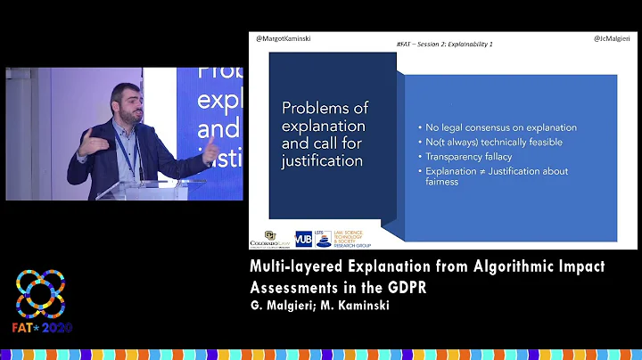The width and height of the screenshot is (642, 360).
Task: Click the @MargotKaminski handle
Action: coord(284,39)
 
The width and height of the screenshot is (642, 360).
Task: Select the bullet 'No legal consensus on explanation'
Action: coord(500,127)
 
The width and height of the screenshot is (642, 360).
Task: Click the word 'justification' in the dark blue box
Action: coord(322,162)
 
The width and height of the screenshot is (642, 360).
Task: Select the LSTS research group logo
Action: coord(341,238)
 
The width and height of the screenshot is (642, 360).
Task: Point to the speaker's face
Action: coord(124,104)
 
